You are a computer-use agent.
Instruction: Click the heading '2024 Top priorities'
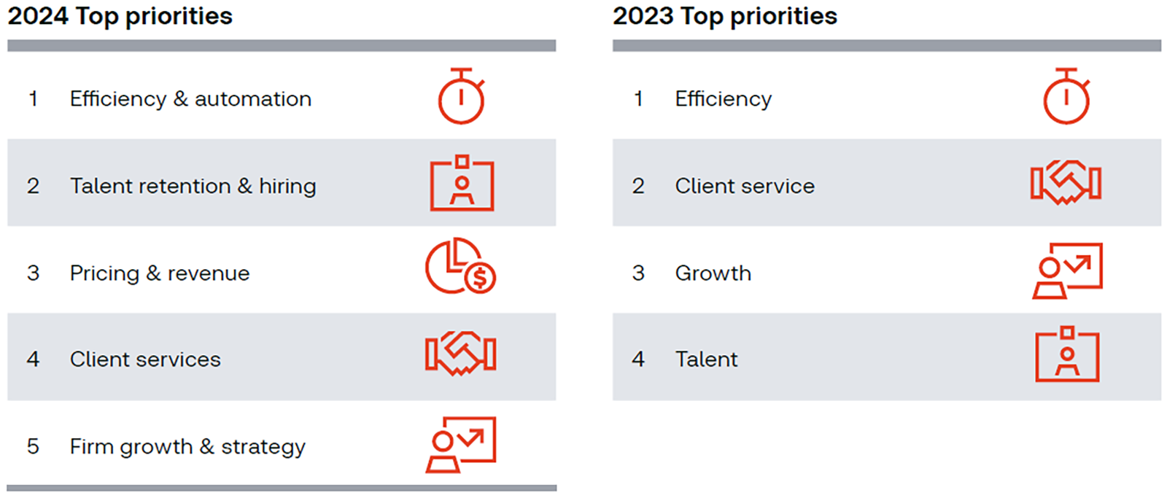click(x=120, y=16)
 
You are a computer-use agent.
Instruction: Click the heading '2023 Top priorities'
click(x=725, y=16)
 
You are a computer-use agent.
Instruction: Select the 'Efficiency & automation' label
click(x=190, y=98)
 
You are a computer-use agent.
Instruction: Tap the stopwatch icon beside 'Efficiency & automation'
click(x=461, y=97)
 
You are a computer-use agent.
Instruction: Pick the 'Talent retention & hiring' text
click(x=193, y=186)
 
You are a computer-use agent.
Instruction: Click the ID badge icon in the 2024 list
click(x=462, y=184)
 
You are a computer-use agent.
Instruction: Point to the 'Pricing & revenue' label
click(x=160, y=273)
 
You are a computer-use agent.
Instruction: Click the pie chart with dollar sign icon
click(x=460, y=266)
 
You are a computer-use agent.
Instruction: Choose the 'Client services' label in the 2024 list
click(x=145, y=359)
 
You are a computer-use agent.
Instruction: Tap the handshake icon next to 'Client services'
click(x=461, y=354)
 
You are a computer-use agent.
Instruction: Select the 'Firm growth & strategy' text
click(x=187, y=446)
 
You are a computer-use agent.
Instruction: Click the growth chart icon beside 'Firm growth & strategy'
click(x=461, y=444)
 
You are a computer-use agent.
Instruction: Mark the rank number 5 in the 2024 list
click(x=33, y=446)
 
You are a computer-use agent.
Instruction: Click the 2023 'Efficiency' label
click(x=723, y=98)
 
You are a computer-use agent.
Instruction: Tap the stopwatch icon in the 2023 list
click(x=1066, y=97)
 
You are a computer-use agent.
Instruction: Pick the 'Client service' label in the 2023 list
click(x=745, y=186)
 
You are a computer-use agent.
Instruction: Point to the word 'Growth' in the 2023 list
click(x=713, y=273)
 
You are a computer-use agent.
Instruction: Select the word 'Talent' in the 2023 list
click(x=706, y=359)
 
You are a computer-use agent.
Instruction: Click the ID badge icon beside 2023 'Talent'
click(x=1067, y=354)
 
